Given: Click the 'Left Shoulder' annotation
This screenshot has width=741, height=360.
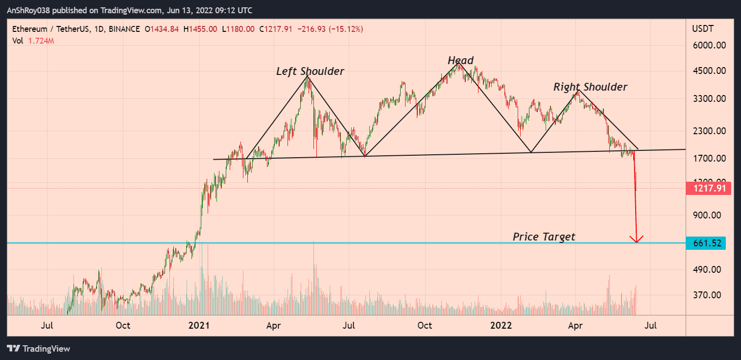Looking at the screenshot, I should pos(310,72).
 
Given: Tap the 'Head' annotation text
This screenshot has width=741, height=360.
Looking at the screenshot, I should pos(460,61).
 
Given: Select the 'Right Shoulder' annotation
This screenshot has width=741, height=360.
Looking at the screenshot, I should pos(590,87).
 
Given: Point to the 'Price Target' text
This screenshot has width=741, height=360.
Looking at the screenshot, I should pos(544,237).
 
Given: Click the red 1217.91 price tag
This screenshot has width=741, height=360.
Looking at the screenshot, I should pos(709,188).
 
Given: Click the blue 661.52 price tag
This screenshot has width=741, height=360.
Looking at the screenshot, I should pos(709,243).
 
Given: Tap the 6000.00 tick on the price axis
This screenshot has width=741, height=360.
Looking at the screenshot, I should pos(709,46).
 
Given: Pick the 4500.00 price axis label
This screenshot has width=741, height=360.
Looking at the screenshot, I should pos(709,71).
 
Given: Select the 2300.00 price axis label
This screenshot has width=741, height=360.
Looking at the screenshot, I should pos(709,131).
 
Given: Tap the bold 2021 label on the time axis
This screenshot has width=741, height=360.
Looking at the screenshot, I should pos(199,326).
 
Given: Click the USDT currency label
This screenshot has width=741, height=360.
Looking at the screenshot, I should pos(703,29).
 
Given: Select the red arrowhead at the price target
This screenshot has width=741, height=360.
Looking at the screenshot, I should pos(636,240).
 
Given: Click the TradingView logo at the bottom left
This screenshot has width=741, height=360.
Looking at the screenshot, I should pos(39,349).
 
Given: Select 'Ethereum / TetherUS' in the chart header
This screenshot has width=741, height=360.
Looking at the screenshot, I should pos(51,29).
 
